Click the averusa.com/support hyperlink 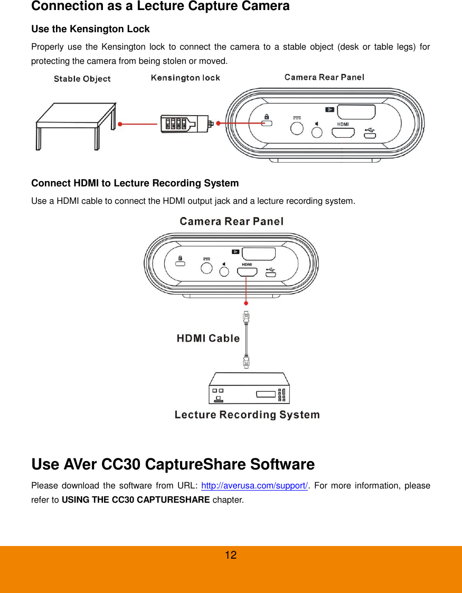point(255,486)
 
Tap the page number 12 point(231,555)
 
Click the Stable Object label point(82,79)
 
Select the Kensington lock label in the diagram point(185,78)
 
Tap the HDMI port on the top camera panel point(343,133)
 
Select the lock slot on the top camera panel point(267,124)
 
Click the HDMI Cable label point(208,338)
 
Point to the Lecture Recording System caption point(247,415)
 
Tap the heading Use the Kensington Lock point(90,29)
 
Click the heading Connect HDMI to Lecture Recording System point(135,183)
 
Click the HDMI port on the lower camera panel point(247,272)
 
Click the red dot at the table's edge point(120,125)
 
